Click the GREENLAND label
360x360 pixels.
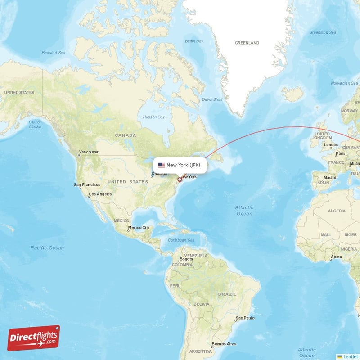(247, 43)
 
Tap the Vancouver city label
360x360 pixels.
(89, 152)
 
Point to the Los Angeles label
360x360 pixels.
(100, 194)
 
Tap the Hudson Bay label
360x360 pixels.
(154, 117)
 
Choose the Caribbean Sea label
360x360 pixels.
(181, 240)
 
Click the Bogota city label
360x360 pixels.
(186, 259)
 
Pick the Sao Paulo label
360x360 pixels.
(245, 318)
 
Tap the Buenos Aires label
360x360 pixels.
(224, 344)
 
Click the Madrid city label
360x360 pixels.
(330, 177)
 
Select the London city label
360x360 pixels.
(331, 145)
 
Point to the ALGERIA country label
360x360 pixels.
(337, 211)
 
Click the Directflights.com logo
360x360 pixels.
(34, 338)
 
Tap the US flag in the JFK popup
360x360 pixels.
(162, 165)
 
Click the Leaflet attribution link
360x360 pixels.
(350, 356)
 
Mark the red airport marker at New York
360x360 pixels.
(180, 180)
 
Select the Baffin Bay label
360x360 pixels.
(194, 41)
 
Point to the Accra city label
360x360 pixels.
(336, 257)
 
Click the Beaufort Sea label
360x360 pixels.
(54, 53)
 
